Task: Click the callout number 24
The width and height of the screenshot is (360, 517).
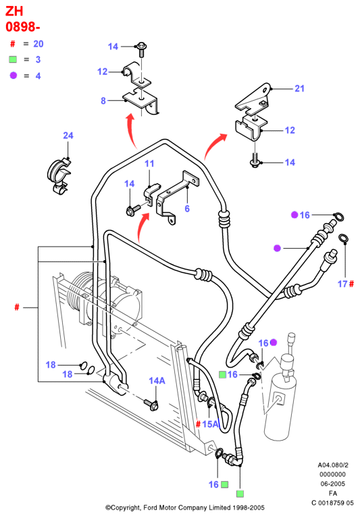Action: [x=68, y=136]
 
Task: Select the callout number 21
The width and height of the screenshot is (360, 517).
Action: [x=299, y=89]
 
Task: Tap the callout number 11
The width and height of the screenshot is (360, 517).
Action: [x=149, y=164]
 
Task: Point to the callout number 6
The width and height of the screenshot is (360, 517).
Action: [x=187, y=208]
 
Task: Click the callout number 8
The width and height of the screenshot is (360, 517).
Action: [x=103, y=101]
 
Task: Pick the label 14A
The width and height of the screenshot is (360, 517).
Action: [x=157, y=381]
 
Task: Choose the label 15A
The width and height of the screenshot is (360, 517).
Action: [x=211, y=424]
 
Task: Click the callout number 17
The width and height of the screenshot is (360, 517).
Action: [x=342, y=284]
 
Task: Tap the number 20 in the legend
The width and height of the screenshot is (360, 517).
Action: [x=38, y=44]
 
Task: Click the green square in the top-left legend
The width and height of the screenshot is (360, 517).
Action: [x=13, y=59]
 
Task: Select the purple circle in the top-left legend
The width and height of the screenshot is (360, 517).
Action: [x=14, y=76]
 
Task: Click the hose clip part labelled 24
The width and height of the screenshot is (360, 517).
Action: [x=59, y=176]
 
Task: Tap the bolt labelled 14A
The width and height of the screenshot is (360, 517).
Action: [x=151, y=404]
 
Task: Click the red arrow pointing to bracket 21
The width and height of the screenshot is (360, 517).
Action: [x=214, y=146]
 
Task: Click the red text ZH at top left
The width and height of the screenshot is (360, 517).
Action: [x=14, y=11]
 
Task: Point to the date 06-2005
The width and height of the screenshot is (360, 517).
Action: [x=332, y=484]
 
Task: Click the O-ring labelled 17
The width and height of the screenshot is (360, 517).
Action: [x=344, y=239]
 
